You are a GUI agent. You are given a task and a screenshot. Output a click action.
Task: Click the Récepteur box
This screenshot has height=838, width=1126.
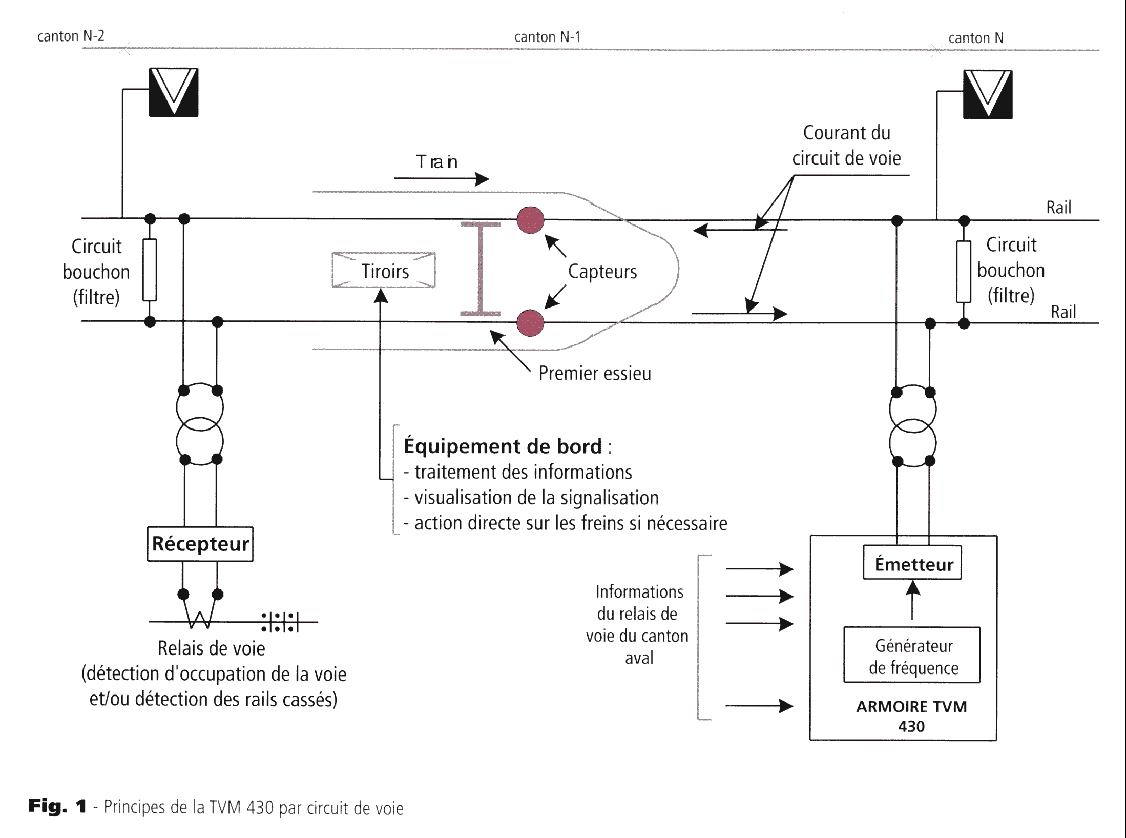point(200,544)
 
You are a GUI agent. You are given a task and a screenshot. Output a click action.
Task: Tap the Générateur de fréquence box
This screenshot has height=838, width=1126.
point(912,656)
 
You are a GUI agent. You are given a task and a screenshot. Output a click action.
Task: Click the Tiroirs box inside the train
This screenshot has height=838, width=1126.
point(384,270)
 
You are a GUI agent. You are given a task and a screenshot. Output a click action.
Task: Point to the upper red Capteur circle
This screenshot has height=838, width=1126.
point(530,220)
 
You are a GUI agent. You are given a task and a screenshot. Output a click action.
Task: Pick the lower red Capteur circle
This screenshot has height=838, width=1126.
point(530,323)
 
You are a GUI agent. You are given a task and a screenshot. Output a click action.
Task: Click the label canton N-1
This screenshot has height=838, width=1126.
point(547,37)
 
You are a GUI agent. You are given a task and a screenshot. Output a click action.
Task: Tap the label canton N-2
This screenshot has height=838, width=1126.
point(71,36)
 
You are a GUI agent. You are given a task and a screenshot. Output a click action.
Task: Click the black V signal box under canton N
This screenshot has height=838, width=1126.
point(988,94)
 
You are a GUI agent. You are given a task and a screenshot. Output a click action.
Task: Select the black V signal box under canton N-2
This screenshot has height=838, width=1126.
point(174,92)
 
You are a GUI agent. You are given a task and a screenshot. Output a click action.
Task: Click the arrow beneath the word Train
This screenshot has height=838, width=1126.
point(441,179)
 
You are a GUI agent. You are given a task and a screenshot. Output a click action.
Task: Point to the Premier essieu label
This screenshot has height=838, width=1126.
point(594,373)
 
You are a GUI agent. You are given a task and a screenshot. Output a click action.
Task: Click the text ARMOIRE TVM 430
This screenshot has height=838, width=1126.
point(911,716)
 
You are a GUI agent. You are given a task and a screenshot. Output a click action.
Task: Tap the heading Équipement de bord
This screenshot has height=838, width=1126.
point(503,446)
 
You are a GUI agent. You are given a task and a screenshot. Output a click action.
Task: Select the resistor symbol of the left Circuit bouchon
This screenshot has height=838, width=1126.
point(150,270)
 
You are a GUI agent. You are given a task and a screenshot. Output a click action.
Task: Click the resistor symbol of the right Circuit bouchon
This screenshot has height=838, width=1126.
point(964,272)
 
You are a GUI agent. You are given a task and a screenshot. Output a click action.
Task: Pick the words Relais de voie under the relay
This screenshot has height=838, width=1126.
point(211,648)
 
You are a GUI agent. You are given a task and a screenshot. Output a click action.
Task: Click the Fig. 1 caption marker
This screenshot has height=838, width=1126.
point(57,806)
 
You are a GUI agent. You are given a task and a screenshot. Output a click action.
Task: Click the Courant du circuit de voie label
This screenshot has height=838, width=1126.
point(846,146)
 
